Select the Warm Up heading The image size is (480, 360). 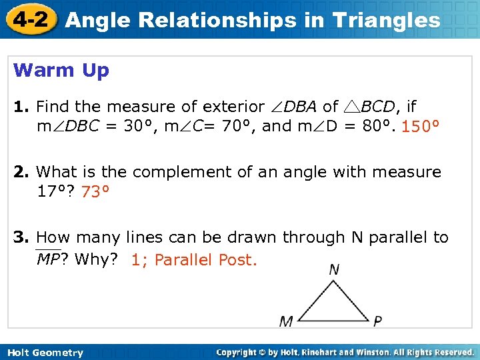click(x=61, y=71)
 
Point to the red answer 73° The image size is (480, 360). click(x=95, y=193)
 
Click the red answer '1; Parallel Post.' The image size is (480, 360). click(x=194, y=260)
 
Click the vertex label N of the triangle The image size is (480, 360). click(x=334, y=269)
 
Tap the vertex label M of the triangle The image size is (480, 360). click(x=286, y=322)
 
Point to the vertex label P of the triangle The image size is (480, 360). click(x=377, y=322)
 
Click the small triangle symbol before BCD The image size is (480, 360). click(x=351, y=107)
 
